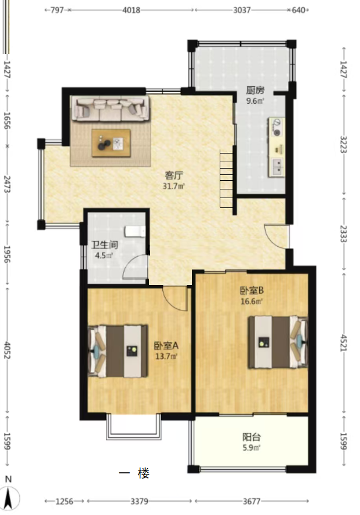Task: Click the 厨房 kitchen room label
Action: tap(255, 90)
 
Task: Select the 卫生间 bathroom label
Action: tap(105, 244)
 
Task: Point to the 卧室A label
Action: tap(166, 345)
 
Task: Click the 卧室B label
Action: tap(252, 290)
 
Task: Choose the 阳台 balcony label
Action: tap(252, 437)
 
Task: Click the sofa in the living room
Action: tap(111, 109)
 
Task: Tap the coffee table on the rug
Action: tap(111, 143)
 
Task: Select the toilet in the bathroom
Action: tap(135, 232)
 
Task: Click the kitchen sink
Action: tap(277, 166)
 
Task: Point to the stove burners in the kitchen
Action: tap(277, 127)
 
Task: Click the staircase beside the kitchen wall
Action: tap(227, 178)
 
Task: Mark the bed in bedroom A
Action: tap(118, 351)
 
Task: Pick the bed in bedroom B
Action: tap(278, 342)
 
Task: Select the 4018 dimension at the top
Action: tap(131, 10)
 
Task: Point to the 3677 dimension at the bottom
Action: tap(252, 501)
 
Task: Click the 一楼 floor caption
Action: tap(134, 473)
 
